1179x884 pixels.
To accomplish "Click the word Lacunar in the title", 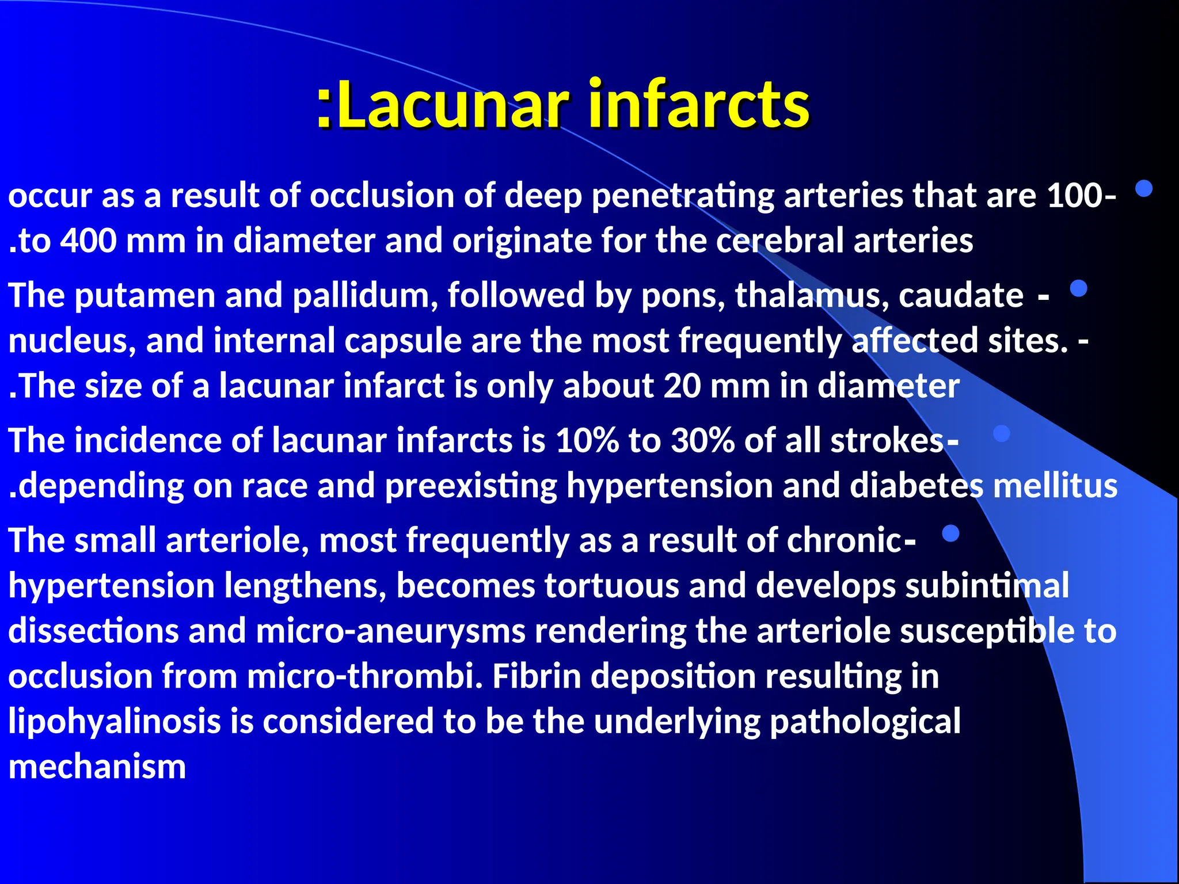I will [452, 105].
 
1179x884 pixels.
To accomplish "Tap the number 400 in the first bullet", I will [88, 241].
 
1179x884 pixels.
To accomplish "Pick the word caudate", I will [961, 296].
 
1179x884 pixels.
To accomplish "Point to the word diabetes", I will [916, 486].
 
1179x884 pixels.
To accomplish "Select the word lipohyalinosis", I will [115, 722].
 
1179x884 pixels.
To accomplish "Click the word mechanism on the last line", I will [97, 767].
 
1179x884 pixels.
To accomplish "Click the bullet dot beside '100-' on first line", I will [1144, 189].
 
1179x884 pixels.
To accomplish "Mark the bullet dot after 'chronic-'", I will [950, 534].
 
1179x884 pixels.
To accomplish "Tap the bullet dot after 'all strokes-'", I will [1002, 433].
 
